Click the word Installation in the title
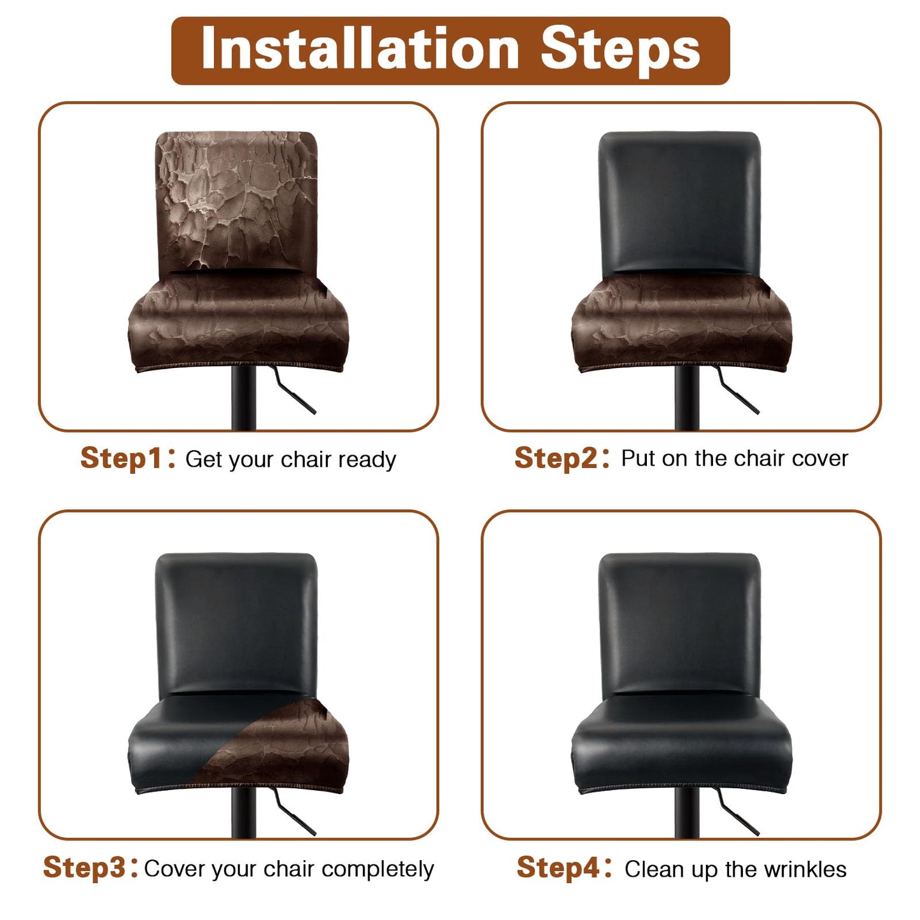[x=360, y=50]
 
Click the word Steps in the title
[x=620, y=50]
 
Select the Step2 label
[x=555, y=458]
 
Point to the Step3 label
[x=84, y=868]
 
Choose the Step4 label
[x=558, y=868]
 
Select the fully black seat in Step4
[x=681, y=745]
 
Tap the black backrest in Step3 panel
[x=236, y=621]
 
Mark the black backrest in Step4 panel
[x=679, y=621]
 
